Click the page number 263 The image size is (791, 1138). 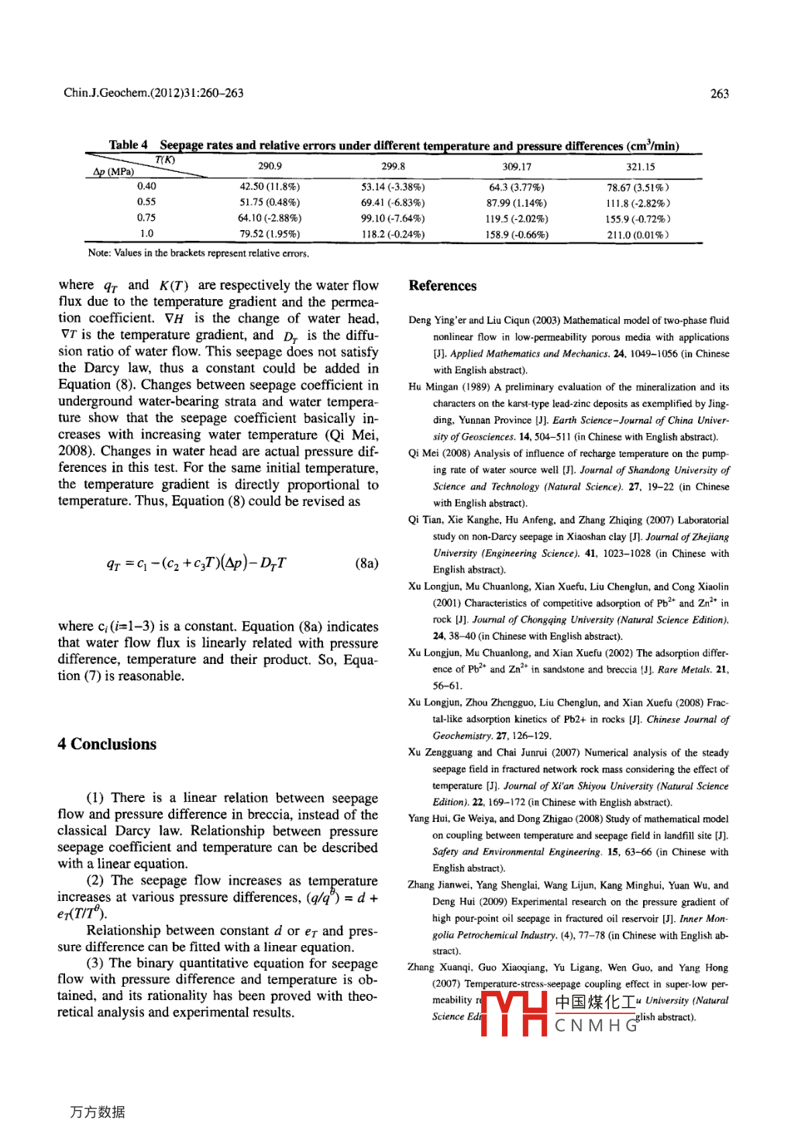(x=719, y=94)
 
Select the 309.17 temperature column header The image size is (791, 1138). (x=517, y=167)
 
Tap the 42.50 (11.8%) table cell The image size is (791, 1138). (x=270, y=187)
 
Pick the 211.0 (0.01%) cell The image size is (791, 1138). (x=638, y=235)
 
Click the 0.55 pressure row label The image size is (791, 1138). (x=146, y=202)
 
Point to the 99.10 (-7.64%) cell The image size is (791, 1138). (x=393, y=218)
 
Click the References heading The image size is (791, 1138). (x=442, y=286)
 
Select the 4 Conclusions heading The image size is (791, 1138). (x=107, y=744)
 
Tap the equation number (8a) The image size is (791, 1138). (x=366, y=563)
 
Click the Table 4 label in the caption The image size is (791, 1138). (x=128, y=145)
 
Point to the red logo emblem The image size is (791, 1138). (x=514, y=1013)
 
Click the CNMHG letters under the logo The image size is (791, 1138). (x=597, y=1026)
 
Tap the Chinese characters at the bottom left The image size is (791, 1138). (x=98, y=1112)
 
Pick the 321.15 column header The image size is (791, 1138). (x=641, y=167)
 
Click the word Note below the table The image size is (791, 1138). (x=98, y=253)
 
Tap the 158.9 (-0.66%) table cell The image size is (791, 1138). (x=517, y=235)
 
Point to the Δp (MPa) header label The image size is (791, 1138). (x=114, y=172)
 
